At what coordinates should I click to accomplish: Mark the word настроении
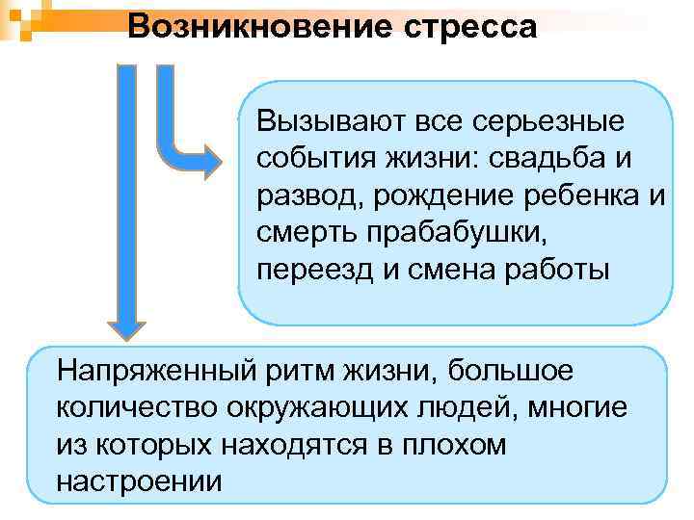point(139,480)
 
